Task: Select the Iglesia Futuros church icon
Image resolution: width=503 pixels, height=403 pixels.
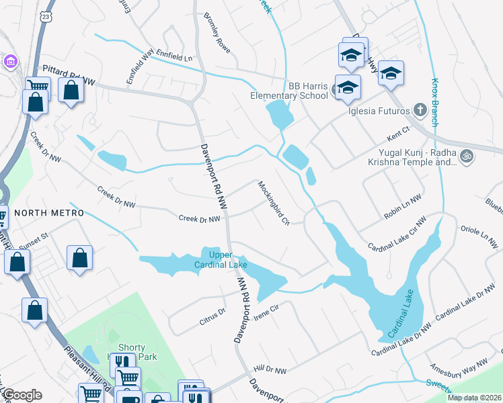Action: click(x=420, y=110)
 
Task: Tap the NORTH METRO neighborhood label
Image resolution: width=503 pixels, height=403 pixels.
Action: click(x=49, y=213)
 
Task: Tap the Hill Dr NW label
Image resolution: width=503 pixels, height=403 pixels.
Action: click(x=270, y=370)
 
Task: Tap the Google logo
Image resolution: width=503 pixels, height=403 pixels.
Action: click(x=22, y=395)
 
